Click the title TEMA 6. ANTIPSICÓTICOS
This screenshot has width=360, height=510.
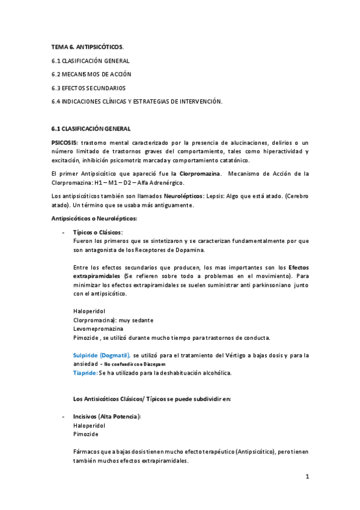(87, 46)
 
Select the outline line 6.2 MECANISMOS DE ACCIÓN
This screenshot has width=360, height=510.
(91, 74)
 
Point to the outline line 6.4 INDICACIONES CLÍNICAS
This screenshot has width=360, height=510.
(136, 102)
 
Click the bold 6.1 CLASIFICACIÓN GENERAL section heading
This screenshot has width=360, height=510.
(90, 129)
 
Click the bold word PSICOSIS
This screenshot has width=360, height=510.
(64, 141)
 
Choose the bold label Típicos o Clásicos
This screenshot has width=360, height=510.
(97, 232)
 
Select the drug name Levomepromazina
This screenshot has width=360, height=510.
(98, 329)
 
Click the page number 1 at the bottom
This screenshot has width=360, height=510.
(307, 477)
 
